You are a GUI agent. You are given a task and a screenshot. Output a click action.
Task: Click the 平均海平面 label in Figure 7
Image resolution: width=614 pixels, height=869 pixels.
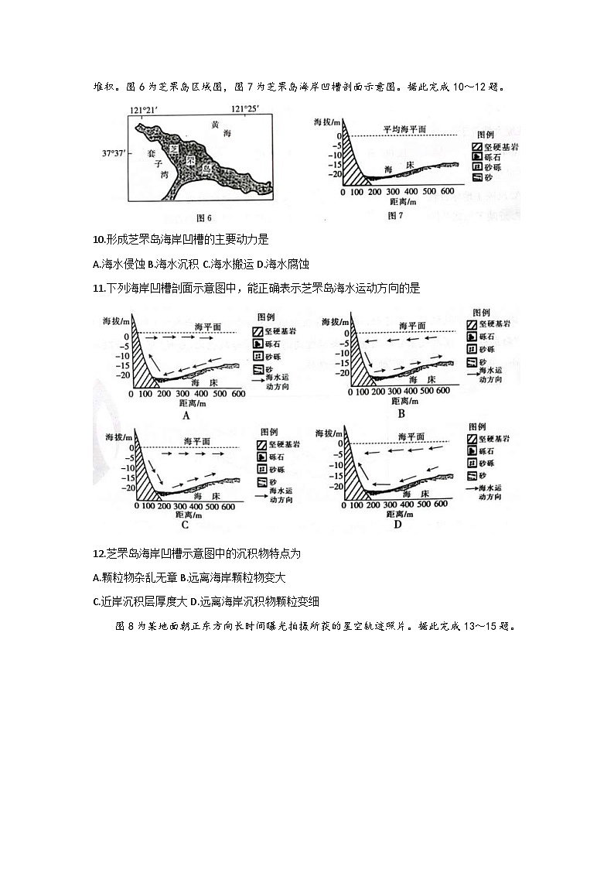click(x=406, y=128)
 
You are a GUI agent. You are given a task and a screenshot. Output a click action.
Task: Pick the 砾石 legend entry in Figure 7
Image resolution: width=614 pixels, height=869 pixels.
click(x=493, y=156)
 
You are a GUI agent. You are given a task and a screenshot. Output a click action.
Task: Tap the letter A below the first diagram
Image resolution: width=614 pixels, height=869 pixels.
click(x=186, y=414)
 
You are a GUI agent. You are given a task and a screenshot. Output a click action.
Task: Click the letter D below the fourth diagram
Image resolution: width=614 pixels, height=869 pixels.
click(x=397, y=524)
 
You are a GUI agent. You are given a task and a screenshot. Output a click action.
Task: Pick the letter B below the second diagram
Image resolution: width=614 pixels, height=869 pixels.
click(x=401, y=413)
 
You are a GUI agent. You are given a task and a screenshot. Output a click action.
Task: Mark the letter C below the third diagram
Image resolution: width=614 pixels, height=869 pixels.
click(x=185, y=525)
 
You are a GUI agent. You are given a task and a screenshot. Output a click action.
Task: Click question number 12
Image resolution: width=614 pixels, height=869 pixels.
click(x=98, y=553)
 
